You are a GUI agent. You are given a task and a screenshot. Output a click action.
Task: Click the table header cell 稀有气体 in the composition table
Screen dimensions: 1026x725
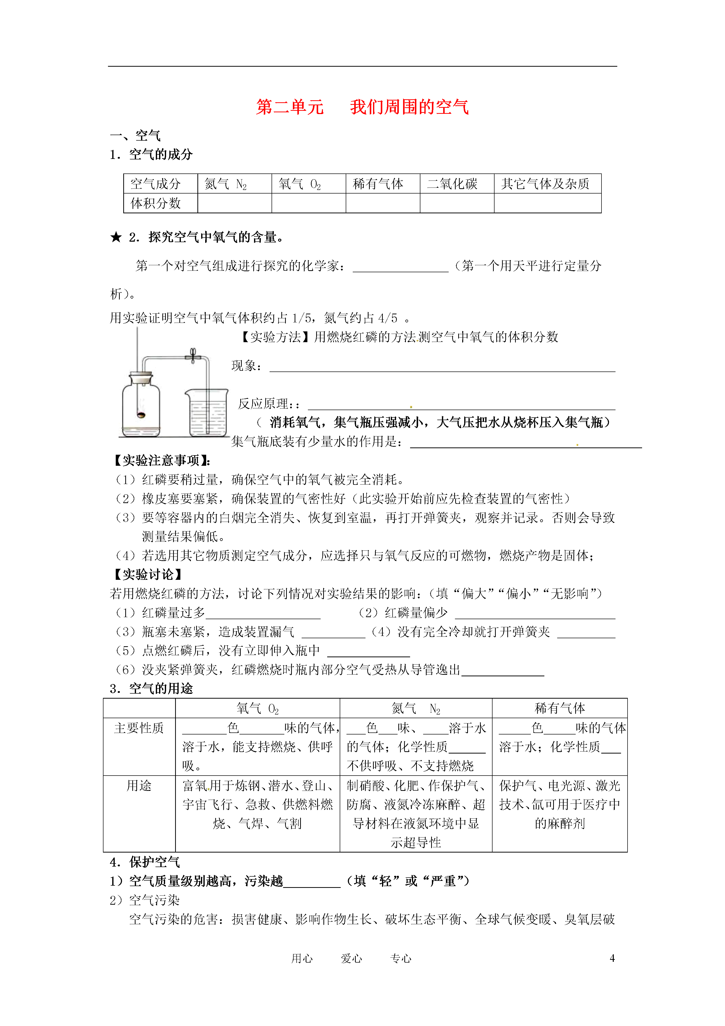pyautogui.click(x=378, y=184)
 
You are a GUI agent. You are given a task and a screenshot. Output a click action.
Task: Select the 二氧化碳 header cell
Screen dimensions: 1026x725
pyautogui.click(x=452, y=184)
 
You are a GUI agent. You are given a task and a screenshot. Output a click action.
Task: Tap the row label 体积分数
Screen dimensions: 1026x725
pyautogui.click(x=156, y=203)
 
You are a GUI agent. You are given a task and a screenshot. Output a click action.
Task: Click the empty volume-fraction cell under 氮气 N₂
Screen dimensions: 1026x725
pyautogui.click(x=234, y=203)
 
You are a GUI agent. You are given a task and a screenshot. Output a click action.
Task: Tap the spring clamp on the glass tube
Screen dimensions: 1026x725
pyautogui.click(x=193, y=356)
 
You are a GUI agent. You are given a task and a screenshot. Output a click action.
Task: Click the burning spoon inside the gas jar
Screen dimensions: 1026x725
pyautogui.click(x=141, y=415)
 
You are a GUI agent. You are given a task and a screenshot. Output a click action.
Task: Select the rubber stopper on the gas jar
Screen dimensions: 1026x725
pyautogui.click(x=141, y=378)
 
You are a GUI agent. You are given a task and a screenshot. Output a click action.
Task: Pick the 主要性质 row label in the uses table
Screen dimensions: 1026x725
pyautogui.click(x=139, y=728)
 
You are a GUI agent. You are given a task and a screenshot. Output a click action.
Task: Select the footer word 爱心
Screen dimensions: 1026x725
pyautogui.click(x=351, y=959)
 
